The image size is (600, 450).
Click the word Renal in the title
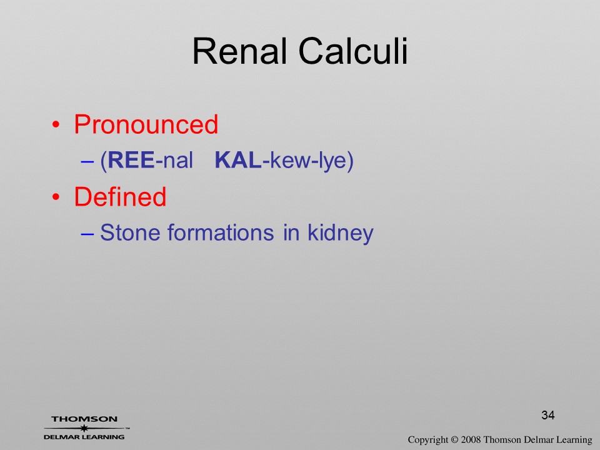click(240, 51)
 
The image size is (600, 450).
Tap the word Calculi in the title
click(353, 51)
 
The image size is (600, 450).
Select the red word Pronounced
click(146, 125)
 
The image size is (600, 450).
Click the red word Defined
click(120, 197)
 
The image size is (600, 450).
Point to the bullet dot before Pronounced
click(56, 125)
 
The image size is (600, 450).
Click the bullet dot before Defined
click(56, 197)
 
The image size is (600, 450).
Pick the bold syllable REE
click(131, 160)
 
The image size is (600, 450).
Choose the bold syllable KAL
click(238, 160)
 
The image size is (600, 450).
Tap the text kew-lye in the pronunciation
click(308, 161)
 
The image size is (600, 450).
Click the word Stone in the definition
click(130, 232)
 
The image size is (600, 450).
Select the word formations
click(221, 232)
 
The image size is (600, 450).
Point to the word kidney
click(341, 233)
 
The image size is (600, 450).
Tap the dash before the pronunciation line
click(87, 161)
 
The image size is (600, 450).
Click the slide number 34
click(548, 415)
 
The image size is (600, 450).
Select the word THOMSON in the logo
click(84, 419)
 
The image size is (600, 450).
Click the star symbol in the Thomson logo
click(84, 428)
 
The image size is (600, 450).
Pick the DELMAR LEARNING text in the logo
click(84, 437)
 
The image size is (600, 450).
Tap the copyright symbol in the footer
click(454, 440)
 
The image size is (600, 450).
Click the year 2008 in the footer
click(471, 440)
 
